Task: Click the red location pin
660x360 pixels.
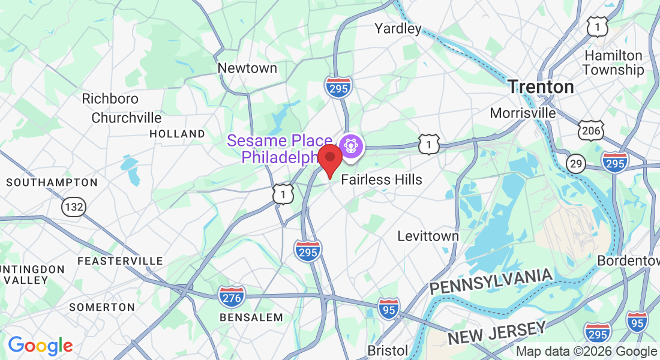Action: click(x=329, y=159)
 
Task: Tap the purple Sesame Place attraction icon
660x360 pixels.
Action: click(x=351, y=146)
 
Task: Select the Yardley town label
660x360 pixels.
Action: click(x=398, y=28)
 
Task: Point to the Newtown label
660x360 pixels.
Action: click(x=247, y=68)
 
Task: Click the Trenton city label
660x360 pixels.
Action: click(x=541, y=87)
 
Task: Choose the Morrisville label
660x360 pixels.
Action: click(x=523, y=113)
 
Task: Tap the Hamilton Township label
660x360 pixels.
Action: click(x=613, y=62)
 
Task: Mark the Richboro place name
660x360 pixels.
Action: click(x=110, y=98)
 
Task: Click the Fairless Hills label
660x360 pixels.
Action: click(x=382, y=179)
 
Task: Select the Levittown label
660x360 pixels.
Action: click(x=428, y=236)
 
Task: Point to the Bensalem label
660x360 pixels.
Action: click(x=251, y=317)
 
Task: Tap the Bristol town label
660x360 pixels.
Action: click(x=388, y=350)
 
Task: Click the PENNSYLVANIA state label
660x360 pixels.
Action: click(x=490, y=281)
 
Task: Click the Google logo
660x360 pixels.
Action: click(x=40, y=346)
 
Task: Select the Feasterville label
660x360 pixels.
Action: click(x=120, y=261)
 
